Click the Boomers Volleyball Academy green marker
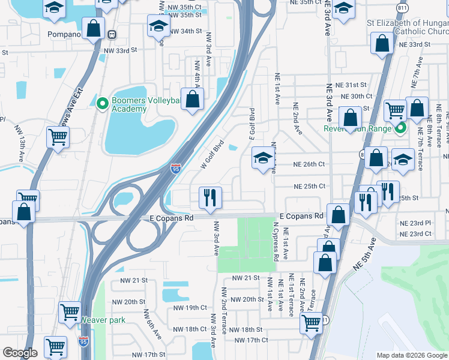[x=103, y=104]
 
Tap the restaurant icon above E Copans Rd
[x=210, y=197]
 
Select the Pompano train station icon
[x=112, y=34]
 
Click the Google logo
[x=20, y=353]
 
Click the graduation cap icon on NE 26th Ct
[x=262, y=158]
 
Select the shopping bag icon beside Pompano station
[x=93, y=28]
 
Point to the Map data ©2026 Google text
[x=411, y=355]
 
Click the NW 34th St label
[x=185, y=31]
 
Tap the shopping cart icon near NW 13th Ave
[x=58, y=137]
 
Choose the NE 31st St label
[x=351, y=85]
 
